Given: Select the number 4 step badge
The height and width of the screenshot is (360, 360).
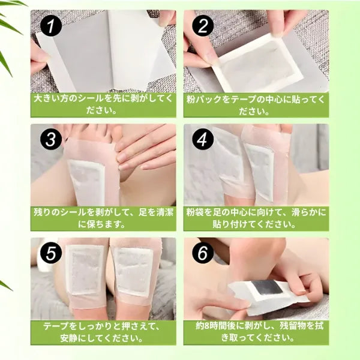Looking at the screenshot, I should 202,140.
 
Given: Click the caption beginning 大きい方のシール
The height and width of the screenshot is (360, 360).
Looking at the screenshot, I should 103,104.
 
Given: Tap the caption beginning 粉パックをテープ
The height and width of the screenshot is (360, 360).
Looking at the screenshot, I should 256,104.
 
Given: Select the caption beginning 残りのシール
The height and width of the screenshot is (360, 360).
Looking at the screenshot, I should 103,218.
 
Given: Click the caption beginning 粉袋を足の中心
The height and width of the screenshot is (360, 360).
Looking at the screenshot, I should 256,218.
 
